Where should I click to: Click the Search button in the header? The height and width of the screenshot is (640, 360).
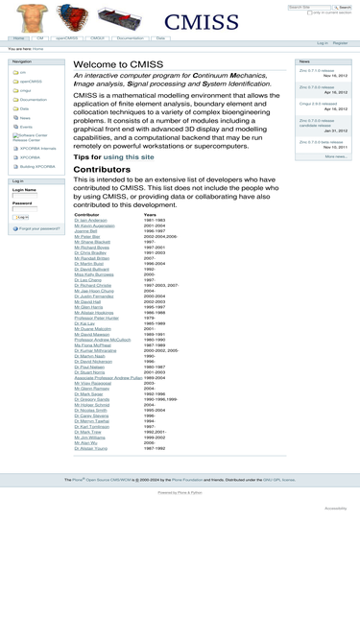[x=346, y=8]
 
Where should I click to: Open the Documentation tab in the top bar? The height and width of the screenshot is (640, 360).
[x=130, y=38]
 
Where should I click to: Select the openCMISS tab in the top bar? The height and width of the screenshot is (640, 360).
[x=66, y=38]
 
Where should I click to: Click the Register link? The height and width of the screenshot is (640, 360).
[x=340, y=43]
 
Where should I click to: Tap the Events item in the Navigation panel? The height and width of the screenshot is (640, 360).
[x=26, y=127]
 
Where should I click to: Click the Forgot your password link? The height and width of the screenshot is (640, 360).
[x=38, y=228]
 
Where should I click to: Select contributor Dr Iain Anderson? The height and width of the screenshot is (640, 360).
[x=91, y=220]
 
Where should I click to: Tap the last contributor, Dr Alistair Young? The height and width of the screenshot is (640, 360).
[x=91, y=448]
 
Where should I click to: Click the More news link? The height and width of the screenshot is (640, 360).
[x=335, y=156]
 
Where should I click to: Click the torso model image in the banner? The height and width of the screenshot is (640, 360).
[x=32, y=17]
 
